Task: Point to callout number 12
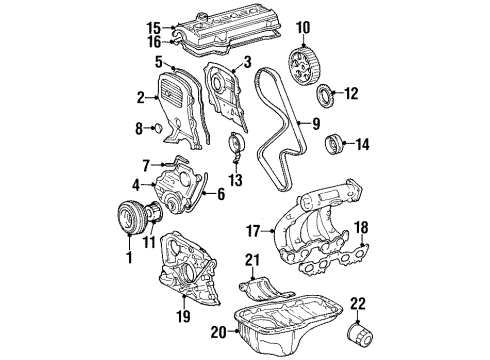point(351,95)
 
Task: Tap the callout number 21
point(252,262)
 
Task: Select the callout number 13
point(235,180)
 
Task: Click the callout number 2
point(140,97)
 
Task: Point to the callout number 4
point(136,184)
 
